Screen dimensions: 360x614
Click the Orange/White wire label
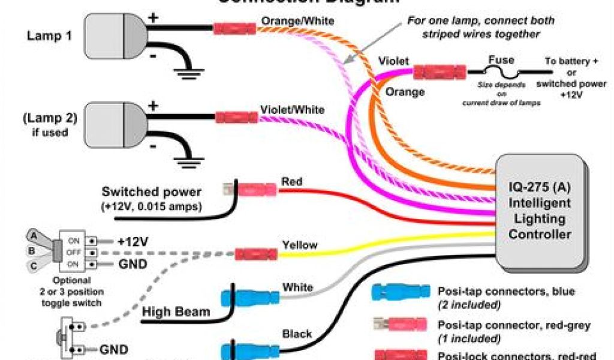click(297, 21)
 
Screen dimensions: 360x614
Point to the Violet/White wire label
click(293, 110)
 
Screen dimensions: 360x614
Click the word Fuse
click(501, 61)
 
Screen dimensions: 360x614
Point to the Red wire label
click(292, 181)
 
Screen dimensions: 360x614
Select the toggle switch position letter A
click(35, 236)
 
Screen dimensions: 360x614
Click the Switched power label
click(152, 193)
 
